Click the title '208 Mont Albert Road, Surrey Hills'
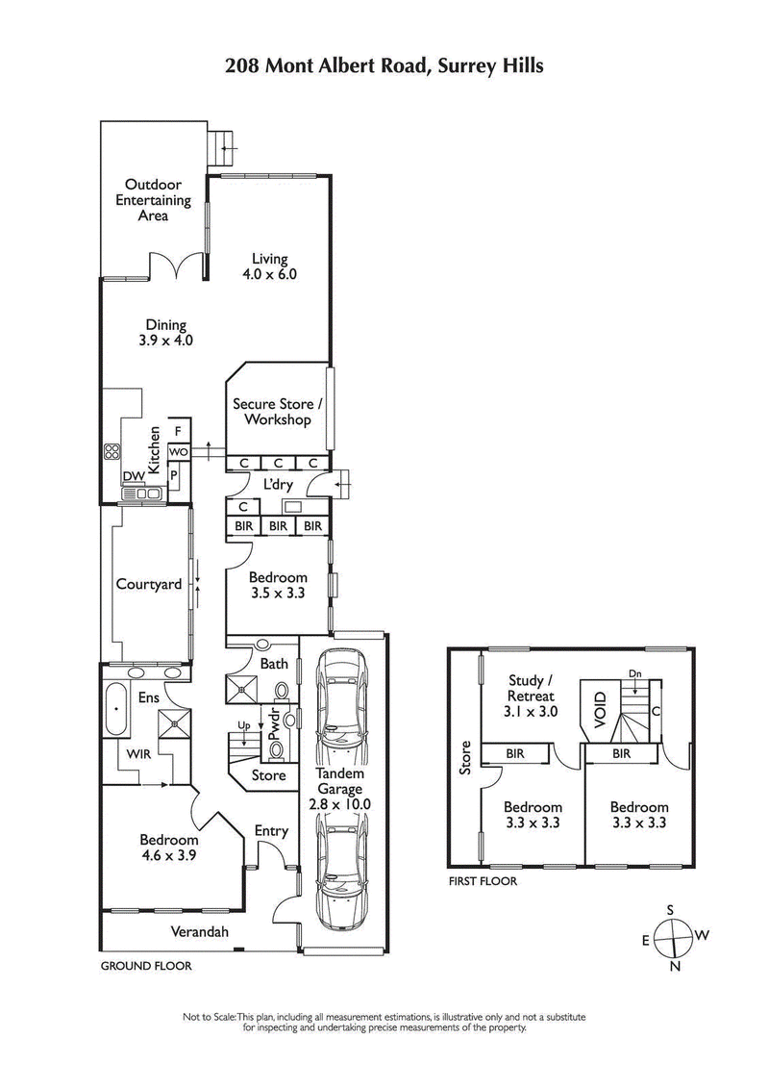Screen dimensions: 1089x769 pyautogui.click(x=384, y=66)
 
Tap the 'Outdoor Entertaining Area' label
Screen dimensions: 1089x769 pyautogui.click(x=154, y=200)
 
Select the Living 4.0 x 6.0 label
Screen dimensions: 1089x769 pyautogui.click(x=270, y=266)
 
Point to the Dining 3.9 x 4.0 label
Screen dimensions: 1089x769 pyautogui.click(x=166, y=332)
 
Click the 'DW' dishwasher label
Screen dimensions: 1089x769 pyautogui.click(x=132, y=475)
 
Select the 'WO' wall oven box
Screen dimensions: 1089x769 pyautogui.click(x=179, y=451)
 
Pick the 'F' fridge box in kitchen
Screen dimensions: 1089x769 pyautogui.click(x=179, y=431)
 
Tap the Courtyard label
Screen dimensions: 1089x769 pyautogui.click(x=149, y=584)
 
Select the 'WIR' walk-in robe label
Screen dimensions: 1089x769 pyautogui.click(x=132, y=755)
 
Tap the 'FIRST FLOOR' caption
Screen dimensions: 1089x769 pyautogui.click(x=483, y=880)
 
